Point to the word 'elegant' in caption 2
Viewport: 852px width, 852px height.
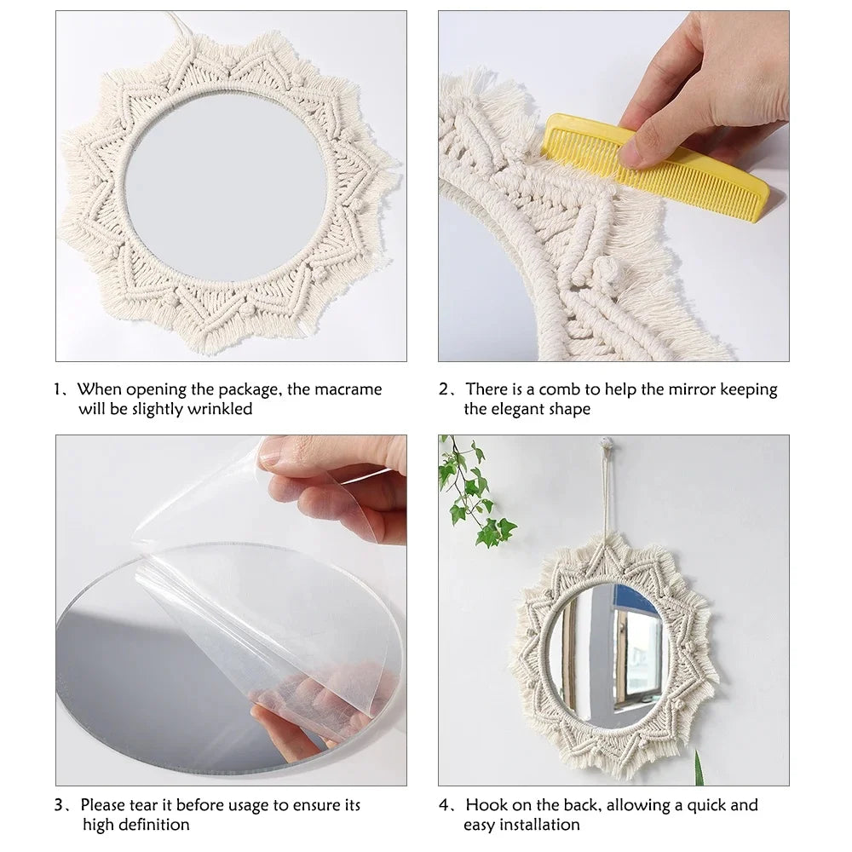point(521,409)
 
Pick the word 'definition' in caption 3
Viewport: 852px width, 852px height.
point(150,825)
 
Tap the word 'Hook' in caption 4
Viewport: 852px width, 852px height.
point(486,805)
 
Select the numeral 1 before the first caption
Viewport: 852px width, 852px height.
point(58,389)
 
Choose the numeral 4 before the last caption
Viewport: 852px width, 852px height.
point(444,805)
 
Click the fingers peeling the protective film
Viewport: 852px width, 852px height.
point(341,486)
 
